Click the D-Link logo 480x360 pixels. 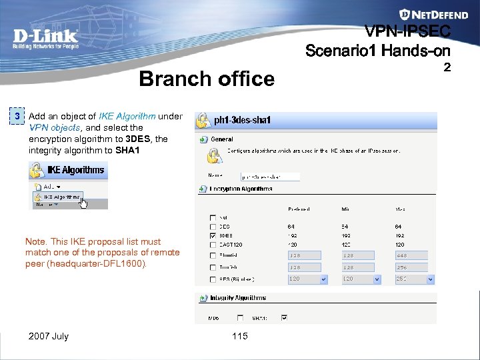[45, 38]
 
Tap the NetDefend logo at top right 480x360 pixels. [425, 14]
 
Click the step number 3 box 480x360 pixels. [19, 116]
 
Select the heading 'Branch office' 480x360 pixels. [207, 79]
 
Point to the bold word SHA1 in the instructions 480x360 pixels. [127, 150]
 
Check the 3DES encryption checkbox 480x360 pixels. [213, 235]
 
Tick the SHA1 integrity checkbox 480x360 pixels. [284, 317]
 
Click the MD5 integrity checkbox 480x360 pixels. [239, 317]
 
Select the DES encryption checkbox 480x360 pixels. [213, 227]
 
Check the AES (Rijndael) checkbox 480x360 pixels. [213, 279]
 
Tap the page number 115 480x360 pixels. [240, 336]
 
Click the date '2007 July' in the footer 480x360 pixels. [49, 336]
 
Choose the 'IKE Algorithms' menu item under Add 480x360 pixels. [61, 197]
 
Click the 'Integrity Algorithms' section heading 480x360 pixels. [237, 298]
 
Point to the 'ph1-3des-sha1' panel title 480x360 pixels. [242, 121]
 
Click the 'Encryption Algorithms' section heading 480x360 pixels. [241, 189]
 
